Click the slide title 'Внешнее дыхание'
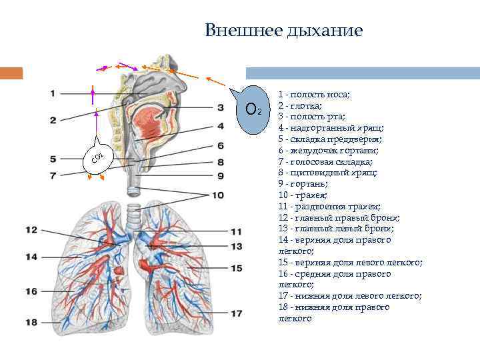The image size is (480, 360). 283,31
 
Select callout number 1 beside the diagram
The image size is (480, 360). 52,93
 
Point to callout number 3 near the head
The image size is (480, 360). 220,107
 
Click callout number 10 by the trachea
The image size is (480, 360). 219,195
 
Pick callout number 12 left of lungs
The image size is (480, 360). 32,230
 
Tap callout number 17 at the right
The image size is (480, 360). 237,313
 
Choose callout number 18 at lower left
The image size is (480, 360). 32,323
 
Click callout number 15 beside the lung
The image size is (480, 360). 237,268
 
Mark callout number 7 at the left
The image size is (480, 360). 53,175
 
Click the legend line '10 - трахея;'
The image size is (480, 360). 303,195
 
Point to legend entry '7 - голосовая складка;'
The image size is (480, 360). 326,162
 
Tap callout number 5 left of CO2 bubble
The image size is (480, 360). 53,159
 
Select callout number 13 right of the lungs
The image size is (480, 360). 237,246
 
